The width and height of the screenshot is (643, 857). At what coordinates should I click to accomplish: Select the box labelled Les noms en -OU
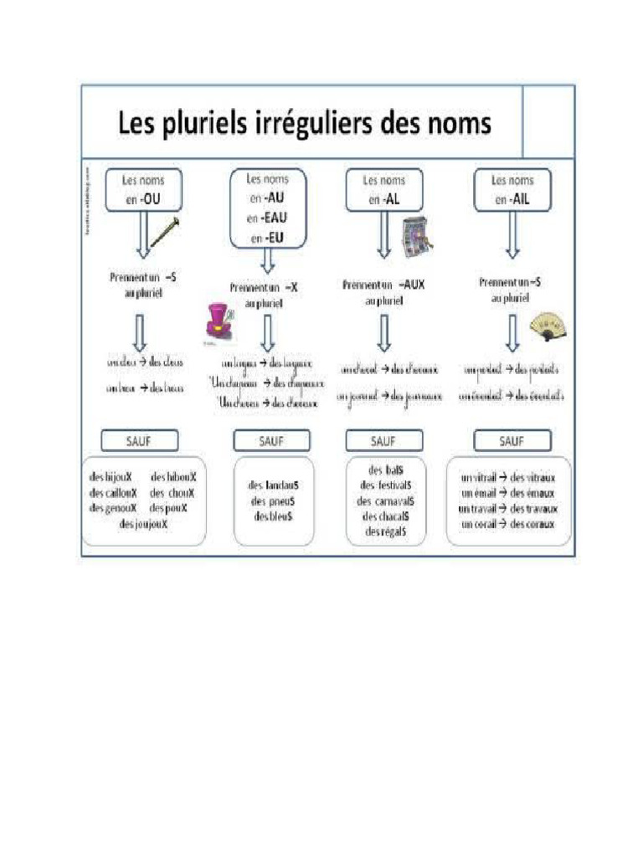click(x=142, y=189)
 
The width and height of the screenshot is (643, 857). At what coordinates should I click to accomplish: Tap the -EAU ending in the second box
click(x=267, y=218)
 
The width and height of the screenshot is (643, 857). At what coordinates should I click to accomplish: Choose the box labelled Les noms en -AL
click(x=384, y=190)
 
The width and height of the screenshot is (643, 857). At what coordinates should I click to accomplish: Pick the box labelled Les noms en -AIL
click(x=512, y=190)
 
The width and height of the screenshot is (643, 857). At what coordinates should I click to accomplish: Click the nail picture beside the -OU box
click(x=167, y=232)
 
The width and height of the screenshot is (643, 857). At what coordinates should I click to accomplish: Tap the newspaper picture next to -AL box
click(x=416, y=237)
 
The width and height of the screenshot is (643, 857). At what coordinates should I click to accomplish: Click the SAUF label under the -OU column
click(x=140, y=440)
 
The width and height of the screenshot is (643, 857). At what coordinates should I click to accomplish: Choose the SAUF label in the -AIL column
click(x=512, y=440)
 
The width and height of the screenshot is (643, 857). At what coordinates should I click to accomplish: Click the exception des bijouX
click(x=111, y=477)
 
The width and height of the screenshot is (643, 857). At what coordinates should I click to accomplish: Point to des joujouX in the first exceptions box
click(x=143, y=524)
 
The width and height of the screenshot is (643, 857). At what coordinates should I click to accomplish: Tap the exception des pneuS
click(x=272, y=500)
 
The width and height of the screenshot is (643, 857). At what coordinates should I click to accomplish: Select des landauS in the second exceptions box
click(x=272, y=485)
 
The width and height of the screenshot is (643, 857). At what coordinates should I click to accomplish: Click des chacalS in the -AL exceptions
click(x=385, y=516)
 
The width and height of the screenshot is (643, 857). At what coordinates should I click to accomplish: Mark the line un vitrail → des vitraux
click(x=508, y=478)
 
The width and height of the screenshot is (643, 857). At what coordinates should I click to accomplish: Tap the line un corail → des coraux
click(x=508, y=524)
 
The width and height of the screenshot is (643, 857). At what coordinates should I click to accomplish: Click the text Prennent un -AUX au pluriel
click(x=383, y=291)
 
